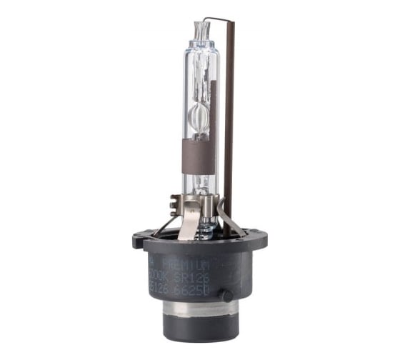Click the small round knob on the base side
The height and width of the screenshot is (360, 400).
point(227,294)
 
